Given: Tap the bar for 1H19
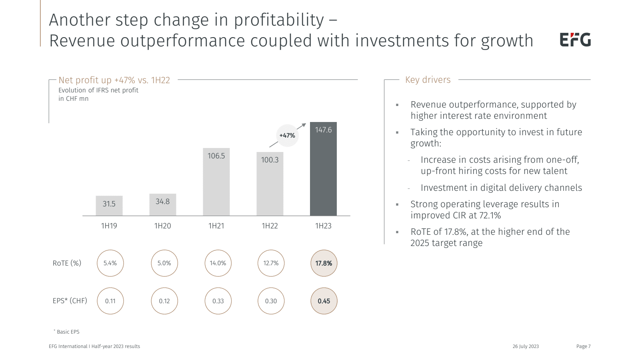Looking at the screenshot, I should tap(109, 206).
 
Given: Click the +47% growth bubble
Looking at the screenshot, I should tap(287, 136).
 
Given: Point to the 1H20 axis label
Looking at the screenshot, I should tap(162, 226).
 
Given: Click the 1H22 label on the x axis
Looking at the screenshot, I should tap(270, 226).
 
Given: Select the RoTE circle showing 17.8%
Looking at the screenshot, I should tap(324, 263).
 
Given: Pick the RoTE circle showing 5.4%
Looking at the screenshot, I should tap(110, 263).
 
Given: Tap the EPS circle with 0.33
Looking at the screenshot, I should tap(218, 301).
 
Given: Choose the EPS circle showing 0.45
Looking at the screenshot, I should tap(324, 301).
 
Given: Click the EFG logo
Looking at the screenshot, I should tap(575, 40).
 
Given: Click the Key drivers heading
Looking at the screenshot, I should tap(428, 80).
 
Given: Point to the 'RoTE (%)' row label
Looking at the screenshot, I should tap(67, 263).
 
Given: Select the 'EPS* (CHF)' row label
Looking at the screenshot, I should tap(70, 301).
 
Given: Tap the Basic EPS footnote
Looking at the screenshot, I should tap(68, 332).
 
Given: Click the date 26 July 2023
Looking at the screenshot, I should tap(525, 346).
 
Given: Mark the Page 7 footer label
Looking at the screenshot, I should tap(583, 346).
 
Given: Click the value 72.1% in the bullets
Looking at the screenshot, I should tap(490, 216).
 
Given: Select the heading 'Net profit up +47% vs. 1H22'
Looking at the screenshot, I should tap(114, 80).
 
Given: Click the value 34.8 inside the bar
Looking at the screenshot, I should tap(162, 202).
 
